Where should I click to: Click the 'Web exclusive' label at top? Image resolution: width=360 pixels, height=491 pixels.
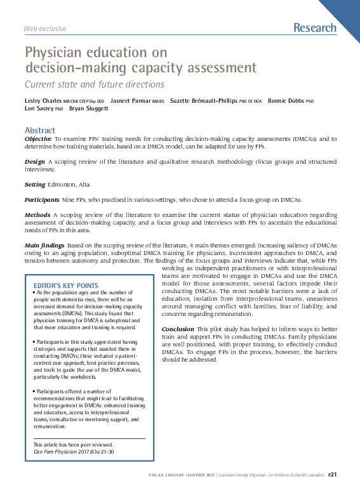pos(45,29)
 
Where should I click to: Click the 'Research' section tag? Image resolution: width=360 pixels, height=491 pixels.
pos(315,27)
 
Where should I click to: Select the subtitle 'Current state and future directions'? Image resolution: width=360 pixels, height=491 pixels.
pos(94,84)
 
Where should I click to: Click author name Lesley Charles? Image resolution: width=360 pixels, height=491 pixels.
pos(44,101)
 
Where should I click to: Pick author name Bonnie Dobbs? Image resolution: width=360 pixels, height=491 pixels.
pos(286,101)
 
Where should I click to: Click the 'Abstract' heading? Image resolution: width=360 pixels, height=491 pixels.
pos(40,131)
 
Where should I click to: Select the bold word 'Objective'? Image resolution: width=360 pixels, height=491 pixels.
pos(38,138)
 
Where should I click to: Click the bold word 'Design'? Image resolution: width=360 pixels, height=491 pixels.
pos(34,162)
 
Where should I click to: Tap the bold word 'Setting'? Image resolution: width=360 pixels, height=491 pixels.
pos(35,185)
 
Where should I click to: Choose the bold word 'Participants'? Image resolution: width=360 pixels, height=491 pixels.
pos(43,200)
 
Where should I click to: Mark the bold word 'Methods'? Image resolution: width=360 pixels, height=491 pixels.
pos(37,215)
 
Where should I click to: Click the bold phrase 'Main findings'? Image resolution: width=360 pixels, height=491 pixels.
pos(44,245)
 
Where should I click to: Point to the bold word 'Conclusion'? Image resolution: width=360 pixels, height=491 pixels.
pos(178,329)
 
